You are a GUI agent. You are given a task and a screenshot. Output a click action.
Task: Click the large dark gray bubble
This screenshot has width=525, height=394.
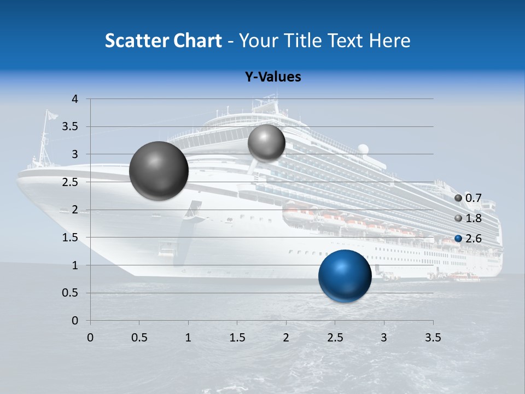(x=159, y=171)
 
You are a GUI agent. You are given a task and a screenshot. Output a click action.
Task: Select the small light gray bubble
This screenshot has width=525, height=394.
(x=266, y=143)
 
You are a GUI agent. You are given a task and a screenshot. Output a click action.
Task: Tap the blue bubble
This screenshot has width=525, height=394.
(x=345, y=276)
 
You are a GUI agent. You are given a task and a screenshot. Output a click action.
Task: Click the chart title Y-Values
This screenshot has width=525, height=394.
(x=272, y=77)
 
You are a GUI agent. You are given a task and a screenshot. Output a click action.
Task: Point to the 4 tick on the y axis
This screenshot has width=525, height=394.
(x=75, y=99)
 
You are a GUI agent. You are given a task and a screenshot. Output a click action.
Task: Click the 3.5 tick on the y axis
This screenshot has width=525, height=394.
(x=70, y=127)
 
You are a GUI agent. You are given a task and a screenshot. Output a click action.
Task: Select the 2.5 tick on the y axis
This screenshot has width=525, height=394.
(x=70, y=182)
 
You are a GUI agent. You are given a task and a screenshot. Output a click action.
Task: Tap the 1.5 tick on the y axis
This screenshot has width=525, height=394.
(x=70, y=237)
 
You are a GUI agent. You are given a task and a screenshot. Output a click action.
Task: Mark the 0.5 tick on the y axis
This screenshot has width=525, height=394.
(x=70, y=293)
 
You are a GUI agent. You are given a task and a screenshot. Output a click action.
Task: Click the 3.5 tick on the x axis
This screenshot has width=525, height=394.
(x=433, y=337)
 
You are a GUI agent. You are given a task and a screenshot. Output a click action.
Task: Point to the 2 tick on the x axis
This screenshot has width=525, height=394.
(x=286, y=337)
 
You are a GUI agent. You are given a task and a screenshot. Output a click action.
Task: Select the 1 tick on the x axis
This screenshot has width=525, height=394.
(x=188, y=337)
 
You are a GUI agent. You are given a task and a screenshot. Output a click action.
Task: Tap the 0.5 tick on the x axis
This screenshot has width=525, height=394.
(x=139, y=337)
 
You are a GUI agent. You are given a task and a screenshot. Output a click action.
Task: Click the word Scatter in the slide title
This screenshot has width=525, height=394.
(x=136, y=40)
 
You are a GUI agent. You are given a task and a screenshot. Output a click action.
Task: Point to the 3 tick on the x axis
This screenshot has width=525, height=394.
(x=384, y=337)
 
